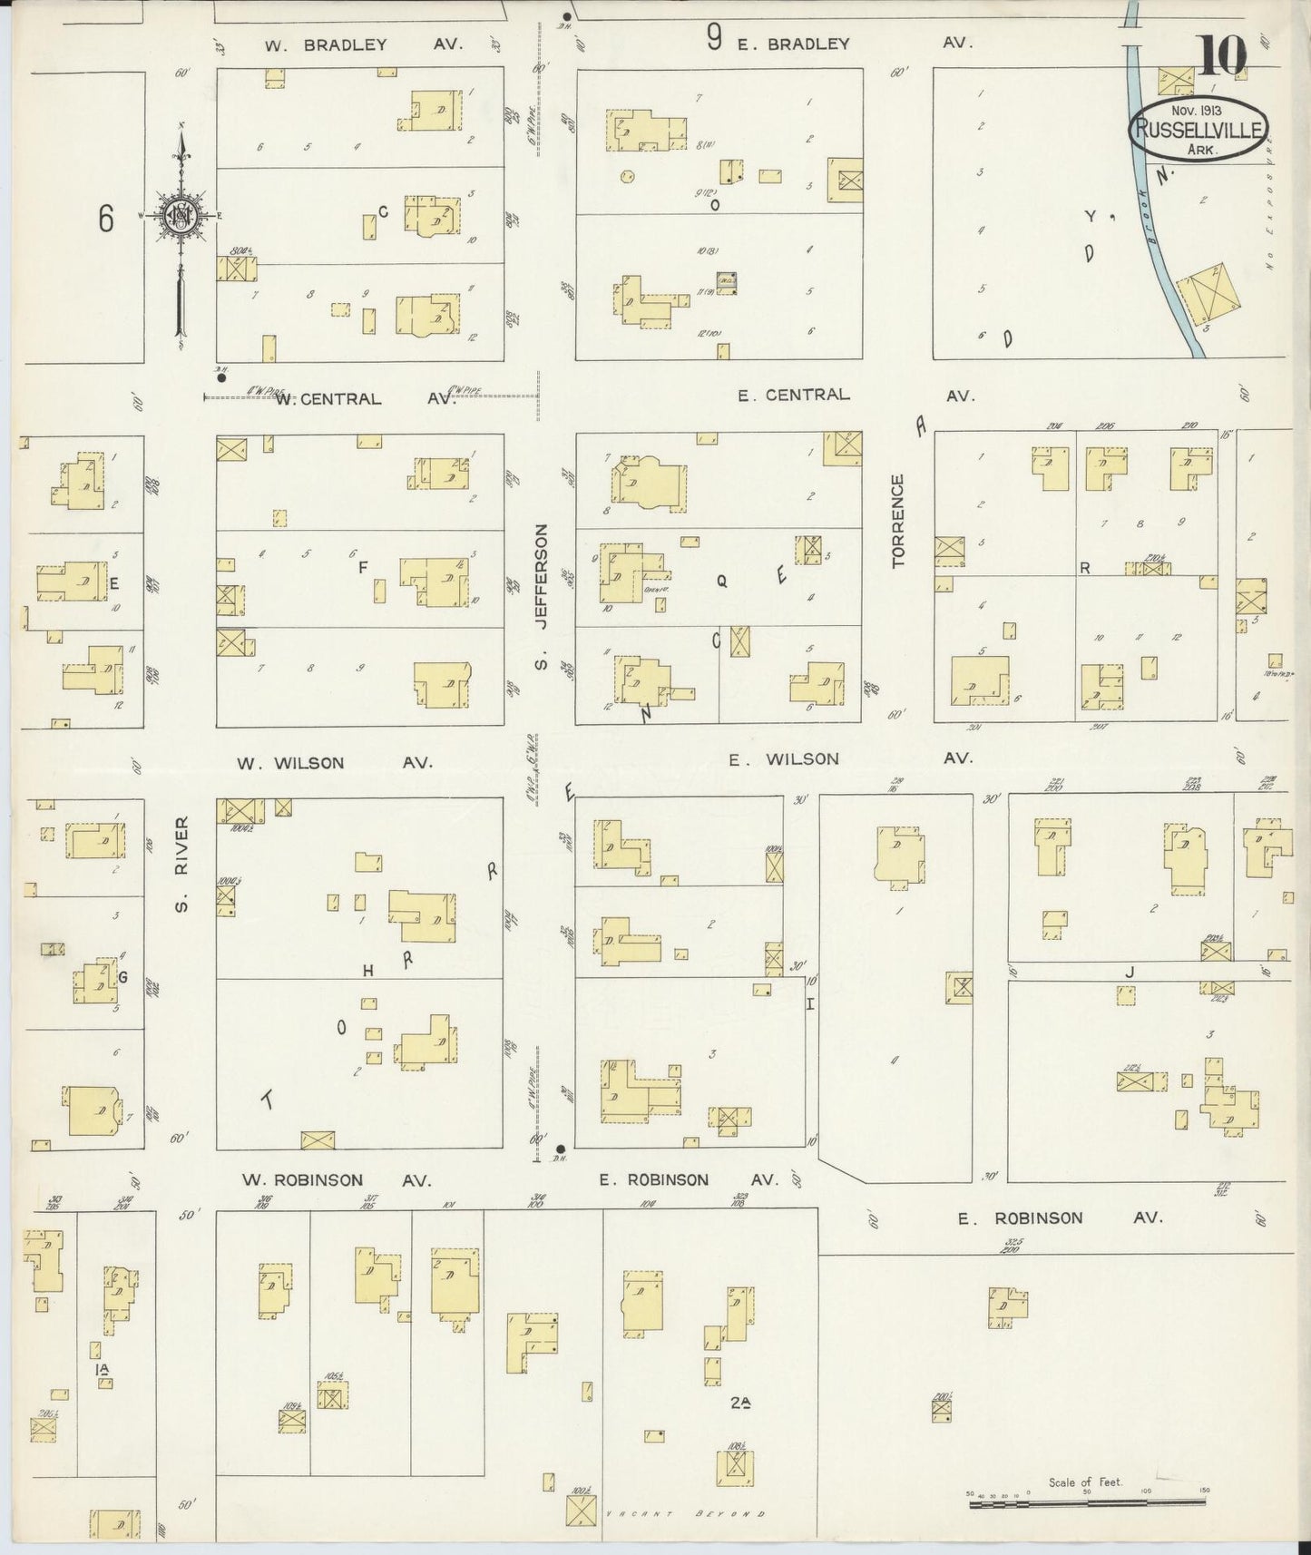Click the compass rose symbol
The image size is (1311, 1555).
pyautogui.click(x=181, y=215)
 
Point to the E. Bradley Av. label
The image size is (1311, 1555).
pyautogui.click(x=853, y=43)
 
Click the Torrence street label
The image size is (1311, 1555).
pyautogui.click(x=898, y=521)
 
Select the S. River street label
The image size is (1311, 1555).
pyautogui.click(x=181, y=865)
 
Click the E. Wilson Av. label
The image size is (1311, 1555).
pyautogui.click(x=849, y=758)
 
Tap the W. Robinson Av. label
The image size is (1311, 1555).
pyautogui.click(x=336, y=1180)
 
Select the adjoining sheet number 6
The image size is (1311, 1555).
pyautogui.click(x=106, y=218)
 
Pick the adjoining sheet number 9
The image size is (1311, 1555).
pyautogui.click(x=715, y=38)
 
